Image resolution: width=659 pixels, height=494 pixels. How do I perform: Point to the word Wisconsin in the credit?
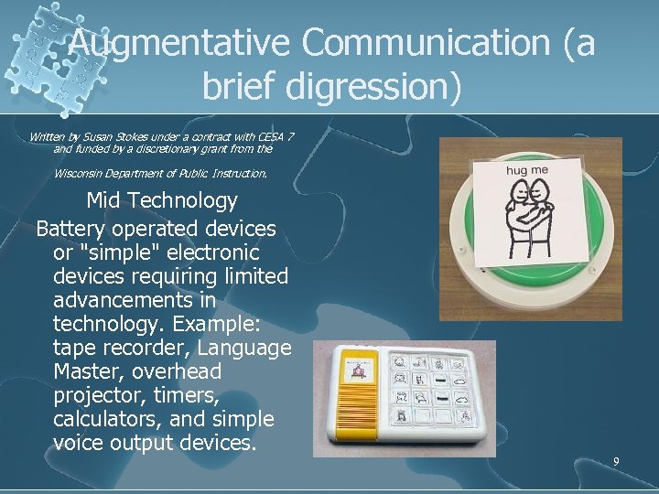pyautogui.click(x=82, y=173)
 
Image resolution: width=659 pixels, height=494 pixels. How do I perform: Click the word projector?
pyautogui.click(x=98, y=396)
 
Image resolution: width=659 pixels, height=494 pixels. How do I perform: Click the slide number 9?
pyautogui.click(x=616, y=461)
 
